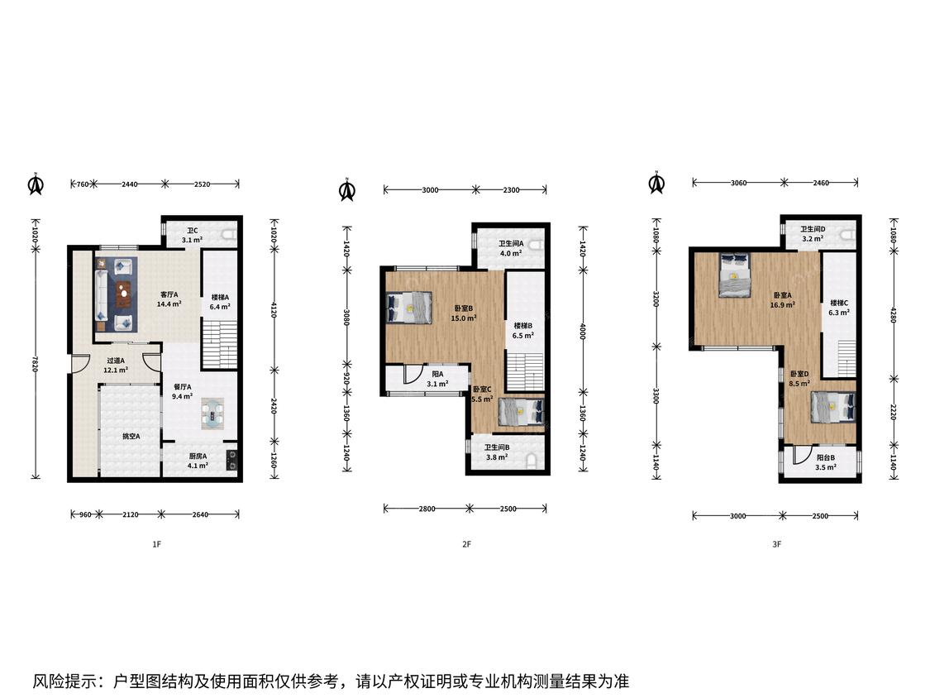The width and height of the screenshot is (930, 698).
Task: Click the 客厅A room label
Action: [169, 294]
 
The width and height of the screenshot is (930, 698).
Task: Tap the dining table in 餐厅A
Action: [212, 414]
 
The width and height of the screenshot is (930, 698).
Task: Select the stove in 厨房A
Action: [232, 461]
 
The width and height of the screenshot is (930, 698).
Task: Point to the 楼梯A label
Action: [220, 298]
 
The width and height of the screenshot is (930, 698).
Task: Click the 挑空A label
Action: [131, 437]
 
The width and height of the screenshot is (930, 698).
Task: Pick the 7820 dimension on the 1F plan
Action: [36, 362]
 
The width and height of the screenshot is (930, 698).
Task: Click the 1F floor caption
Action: [156, 543]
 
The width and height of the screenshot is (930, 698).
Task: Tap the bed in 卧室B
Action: [408, 308]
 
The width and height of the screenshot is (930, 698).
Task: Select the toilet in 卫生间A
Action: [536, 246]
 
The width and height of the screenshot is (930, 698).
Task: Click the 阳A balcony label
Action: [437, 375]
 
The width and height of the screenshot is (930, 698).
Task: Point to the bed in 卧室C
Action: [521, 411]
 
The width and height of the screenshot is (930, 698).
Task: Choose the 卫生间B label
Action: [497, 447]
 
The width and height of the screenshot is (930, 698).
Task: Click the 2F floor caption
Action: [467, 543]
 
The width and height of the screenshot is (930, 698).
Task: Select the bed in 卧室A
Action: [734, 275]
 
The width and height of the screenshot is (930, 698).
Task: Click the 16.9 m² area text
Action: [782, 305]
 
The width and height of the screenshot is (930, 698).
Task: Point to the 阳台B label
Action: [826, 457]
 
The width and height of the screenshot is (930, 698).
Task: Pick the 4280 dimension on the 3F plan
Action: [894, 314]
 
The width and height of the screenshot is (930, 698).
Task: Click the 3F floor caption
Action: [777, 543]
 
